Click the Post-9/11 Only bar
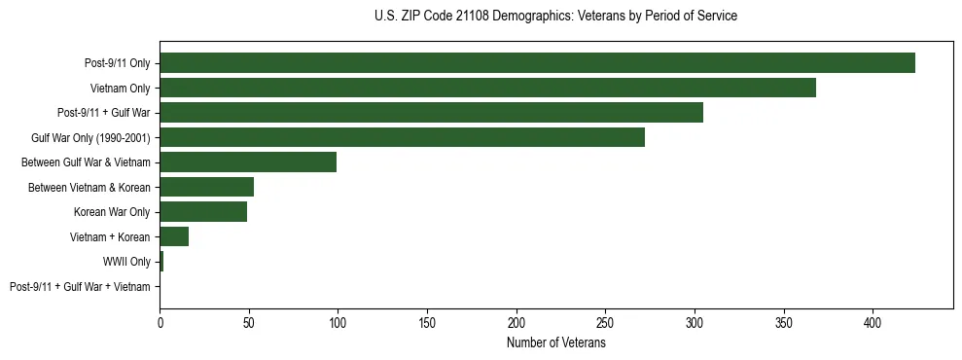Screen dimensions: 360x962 click(x=537, y=63)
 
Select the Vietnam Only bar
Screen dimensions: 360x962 click(x=487, y=88)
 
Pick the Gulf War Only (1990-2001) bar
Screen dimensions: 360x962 click(x=402, y=137)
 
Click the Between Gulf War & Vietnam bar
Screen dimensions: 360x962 click(x=248, y=162)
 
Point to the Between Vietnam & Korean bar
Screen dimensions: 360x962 click(x=206, y=187)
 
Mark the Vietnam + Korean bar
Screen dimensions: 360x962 click(x=174, y=236)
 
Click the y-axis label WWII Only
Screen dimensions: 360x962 click(x=126, y=262)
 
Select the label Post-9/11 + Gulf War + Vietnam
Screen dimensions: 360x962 click(x=80, y=287)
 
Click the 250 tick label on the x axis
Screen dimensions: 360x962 click(x=605, y=322)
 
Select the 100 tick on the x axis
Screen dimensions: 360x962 click(x=338, y=322)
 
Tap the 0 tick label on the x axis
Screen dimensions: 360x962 click(x=160, y=322)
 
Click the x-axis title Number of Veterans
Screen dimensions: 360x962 click(x=555, y=343)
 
